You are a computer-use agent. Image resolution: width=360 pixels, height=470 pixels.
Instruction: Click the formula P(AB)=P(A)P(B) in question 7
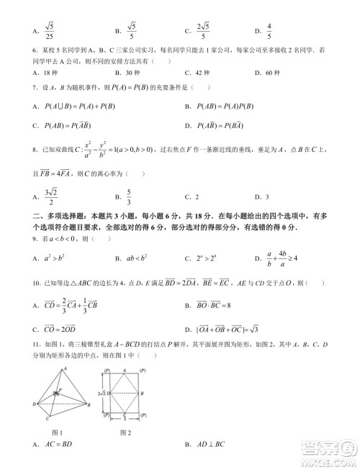[x=230, y=107]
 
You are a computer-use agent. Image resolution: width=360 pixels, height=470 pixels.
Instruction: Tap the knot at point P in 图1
[x=61, y=393]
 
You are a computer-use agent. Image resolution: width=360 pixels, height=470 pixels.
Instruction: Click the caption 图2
[x=124, y=432]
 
